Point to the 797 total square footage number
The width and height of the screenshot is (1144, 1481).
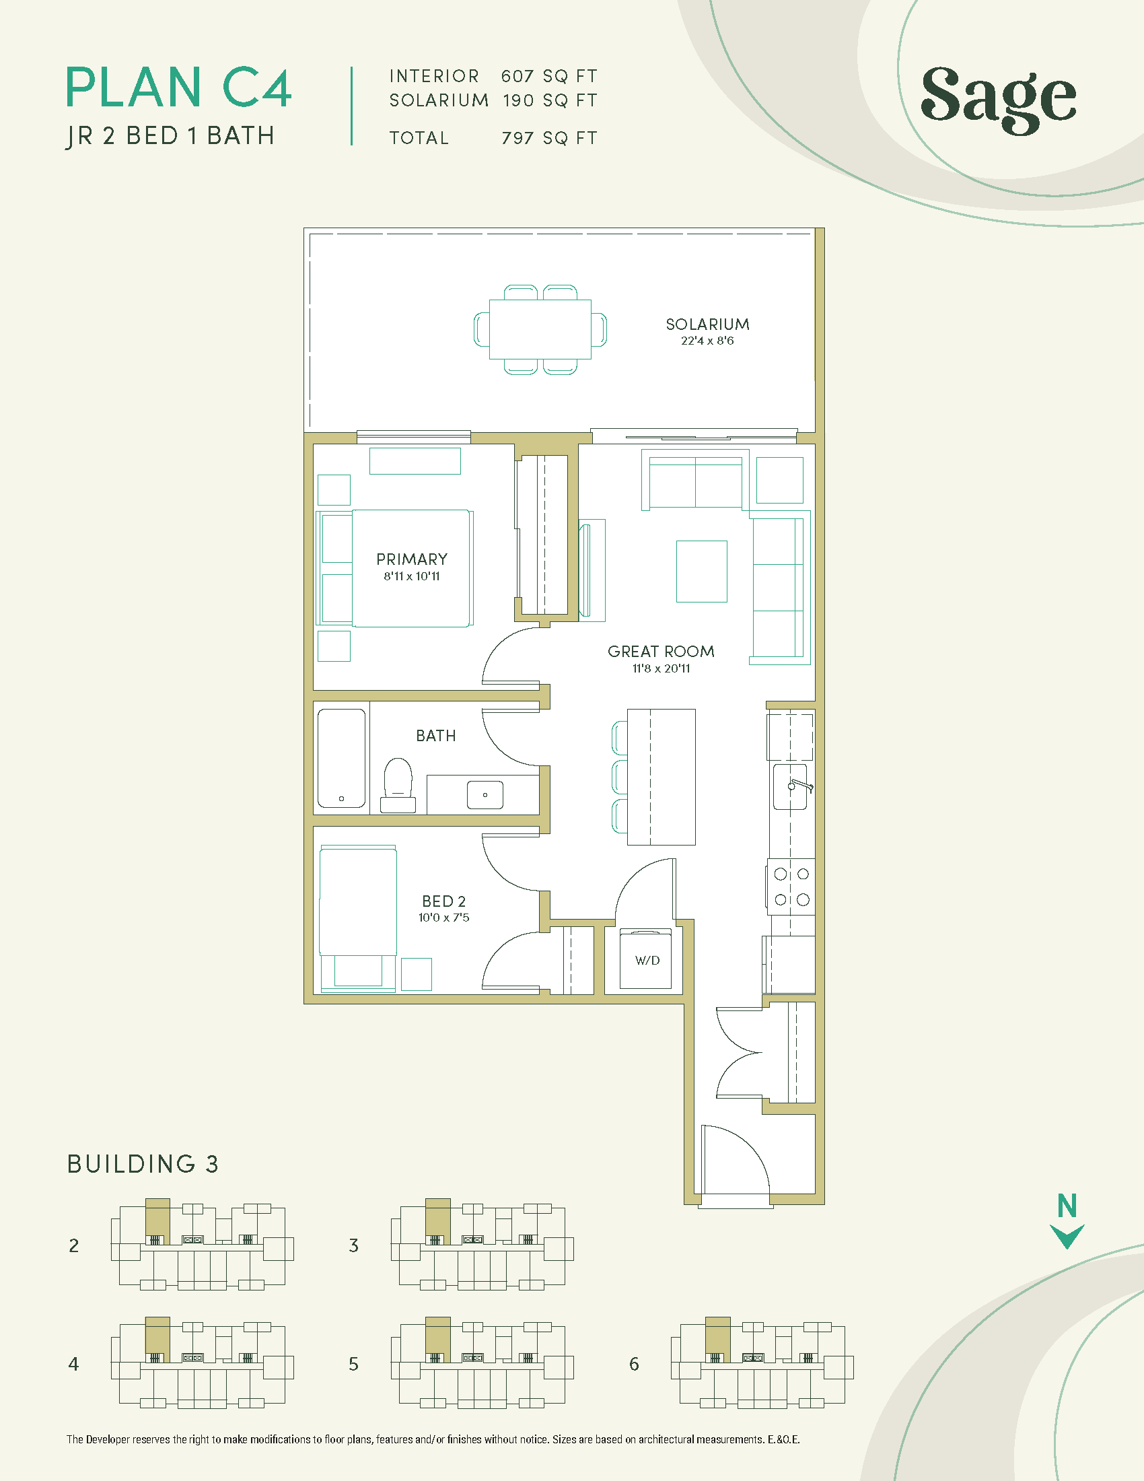point(517,137)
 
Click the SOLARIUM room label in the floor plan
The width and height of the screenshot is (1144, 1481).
point(707,324)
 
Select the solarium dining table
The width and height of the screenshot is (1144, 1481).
point(540,330)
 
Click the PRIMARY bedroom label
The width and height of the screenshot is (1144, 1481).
point(412,559)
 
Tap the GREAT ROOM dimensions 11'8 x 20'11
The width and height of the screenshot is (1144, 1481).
point(662,668)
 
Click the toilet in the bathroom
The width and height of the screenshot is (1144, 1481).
point(398,786)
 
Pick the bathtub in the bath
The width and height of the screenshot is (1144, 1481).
point(342,757)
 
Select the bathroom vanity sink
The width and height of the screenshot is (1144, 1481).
point(485,795)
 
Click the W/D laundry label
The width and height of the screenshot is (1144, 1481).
point(647,960)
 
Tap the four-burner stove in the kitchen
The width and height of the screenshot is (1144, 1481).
point(791,887)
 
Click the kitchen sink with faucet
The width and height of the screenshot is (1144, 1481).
point(791,786)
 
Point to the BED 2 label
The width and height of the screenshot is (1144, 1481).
point(444,901)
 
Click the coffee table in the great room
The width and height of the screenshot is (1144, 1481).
point(701,571)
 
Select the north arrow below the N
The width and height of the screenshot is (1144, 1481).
point(1067,1236)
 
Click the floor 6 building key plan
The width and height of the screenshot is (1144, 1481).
point(762,1363)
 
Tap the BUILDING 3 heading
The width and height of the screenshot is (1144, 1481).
point(142,1164)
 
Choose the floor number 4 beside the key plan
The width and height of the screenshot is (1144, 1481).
point(73,1364)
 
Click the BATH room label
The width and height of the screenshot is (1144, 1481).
point(436,736)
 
